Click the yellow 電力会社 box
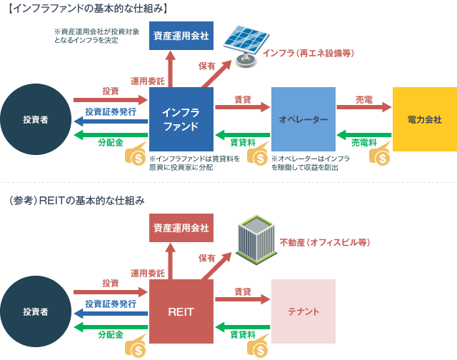pyautogui.click(x=424, y=119)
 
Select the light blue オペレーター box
pyautogui.click(x=303, y=119)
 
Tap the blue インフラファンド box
pyautogui.click(x=181, y=119)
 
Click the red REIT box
pyautogui.click(x=181, y=311)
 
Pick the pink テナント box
pyautogui.click(x=303, y=311)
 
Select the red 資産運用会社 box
pyautogui.click(x=181, y=229)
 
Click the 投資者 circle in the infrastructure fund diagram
pyautogui.click(x=36, y=119)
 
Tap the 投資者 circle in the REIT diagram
pyautogui.click(x=36, y=312)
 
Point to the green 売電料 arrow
pyautogui.click(x=364, y=134)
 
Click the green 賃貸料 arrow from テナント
pyautogui.click(x=243, y=327)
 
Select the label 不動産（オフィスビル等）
pyautogui.click(x=325, y=242)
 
